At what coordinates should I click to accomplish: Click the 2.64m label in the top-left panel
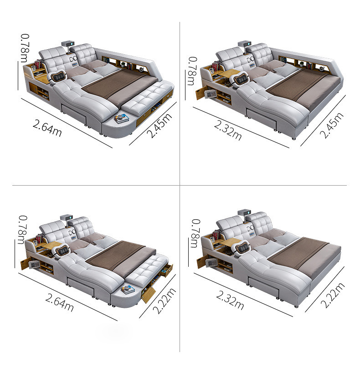[47, 128]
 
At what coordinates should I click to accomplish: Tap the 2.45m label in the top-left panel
[159, 125]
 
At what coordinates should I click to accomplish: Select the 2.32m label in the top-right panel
[228, 131]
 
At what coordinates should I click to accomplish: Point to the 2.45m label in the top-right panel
[331, 125]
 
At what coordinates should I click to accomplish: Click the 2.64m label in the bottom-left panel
[59, 302]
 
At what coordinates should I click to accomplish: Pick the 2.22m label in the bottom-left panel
[164, 301]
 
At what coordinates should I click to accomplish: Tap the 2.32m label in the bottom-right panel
[230, 300]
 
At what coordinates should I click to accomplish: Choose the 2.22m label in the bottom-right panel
[333, 295]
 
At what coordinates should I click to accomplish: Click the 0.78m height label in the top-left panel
[25, 48]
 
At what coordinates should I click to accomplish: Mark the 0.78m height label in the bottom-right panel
[195, 234]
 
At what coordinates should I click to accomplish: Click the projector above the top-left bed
[67, 44]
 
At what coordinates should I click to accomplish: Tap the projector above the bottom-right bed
[244, 213]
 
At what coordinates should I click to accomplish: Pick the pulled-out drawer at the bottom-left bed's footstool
[167, 270]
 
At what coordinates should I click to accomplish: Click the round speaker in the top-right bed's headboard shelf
[322, 69]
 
